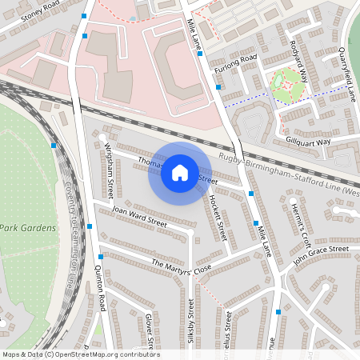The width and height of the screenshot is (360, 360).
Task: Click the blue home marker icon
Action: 180,172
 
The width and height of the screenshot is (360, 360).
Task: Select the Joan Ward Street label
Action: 139,217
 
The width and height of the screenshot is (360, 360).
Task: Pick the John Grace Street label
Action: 321,255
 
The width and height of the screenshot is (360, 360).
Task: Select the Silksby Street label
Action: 190,324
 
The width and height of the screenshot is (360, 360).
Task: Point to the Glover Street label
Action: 150,331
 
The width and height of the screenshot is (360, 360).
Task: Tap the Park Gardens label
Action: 28,227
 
